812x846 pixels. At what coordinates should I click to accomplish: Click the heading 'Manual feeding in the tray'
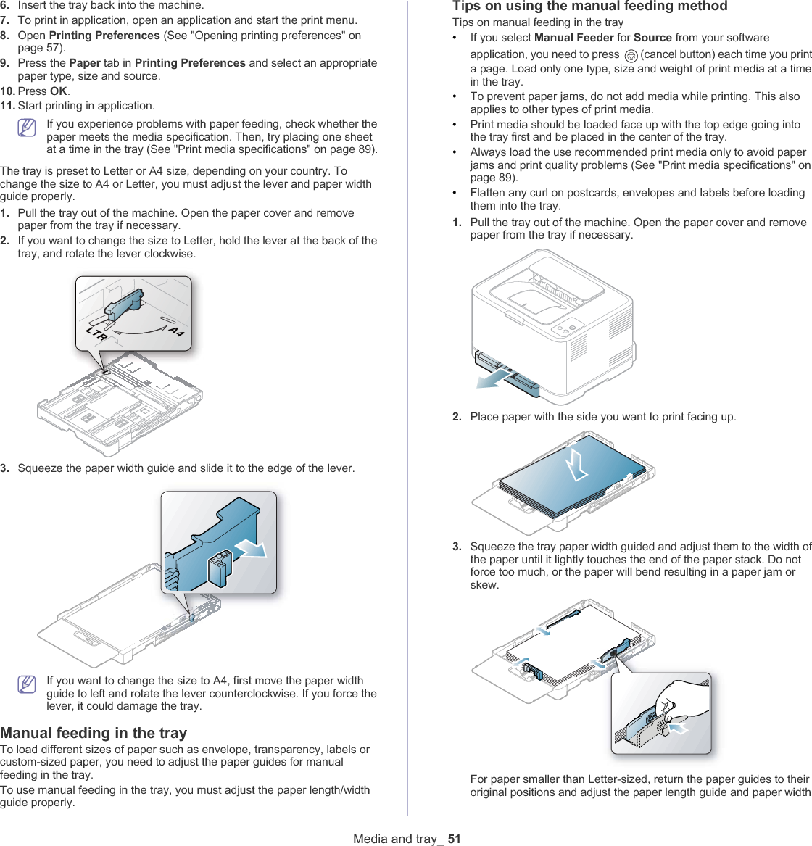tap(94, 733)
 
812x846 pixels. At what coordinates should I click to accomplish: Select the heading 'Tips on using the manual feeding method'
tap(589, 7)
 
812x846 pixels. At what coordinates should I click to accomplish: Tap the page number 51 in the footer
tap(454, 839)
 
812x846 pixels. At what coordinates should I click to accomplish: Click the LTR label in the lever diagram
tap(96, 334)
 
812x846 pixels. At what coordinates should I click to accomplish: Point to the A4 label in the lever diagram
tap(176, 331)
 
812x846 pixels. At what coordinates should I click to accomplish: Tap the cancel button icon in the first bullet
tap(631, 55)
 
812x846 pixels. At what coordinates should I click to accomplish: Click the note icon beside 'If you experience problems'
tap(27, 128)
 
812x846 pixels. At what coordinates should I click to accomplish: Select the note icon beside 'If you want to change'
tap(27, 684)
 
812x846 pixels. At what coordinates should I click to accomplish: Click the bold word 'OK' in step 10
tap(58, 91)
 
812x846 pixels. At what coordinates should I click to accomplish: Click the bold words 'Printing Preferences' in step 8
tap(104, 36)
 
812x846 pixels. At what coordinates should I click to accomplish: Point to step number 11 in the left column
tap(8, 106)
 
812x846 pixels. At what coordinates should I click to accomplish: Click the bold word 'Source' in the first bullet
tap(652, 38)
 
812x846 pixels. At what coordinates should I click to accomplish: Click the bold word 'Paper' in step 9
tap(84, 63)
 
